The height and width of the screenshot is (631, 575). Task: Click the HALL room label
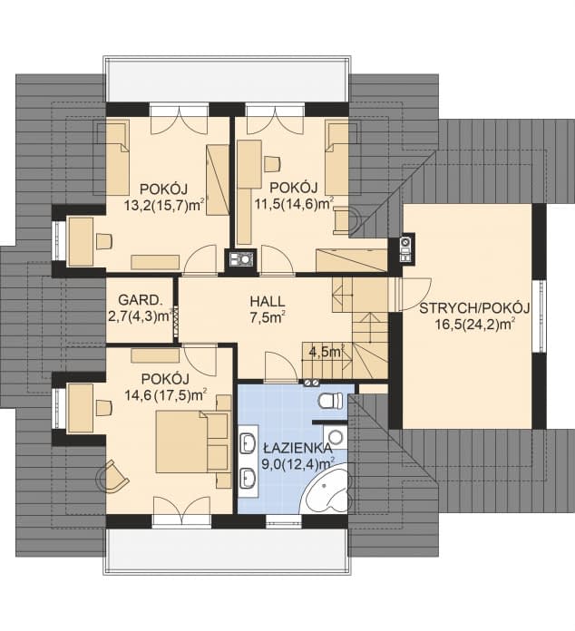coord(268,300)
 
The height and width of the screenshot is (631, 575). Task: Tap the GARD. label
coord(133,299)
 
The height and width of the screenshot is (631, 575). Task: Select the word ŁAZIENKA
coord(291,449)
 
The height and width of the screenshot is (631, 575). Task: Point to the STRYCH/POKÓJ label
coord(467,308)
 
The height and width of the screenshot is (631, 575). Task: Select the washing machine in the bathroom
coord(336,437)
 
